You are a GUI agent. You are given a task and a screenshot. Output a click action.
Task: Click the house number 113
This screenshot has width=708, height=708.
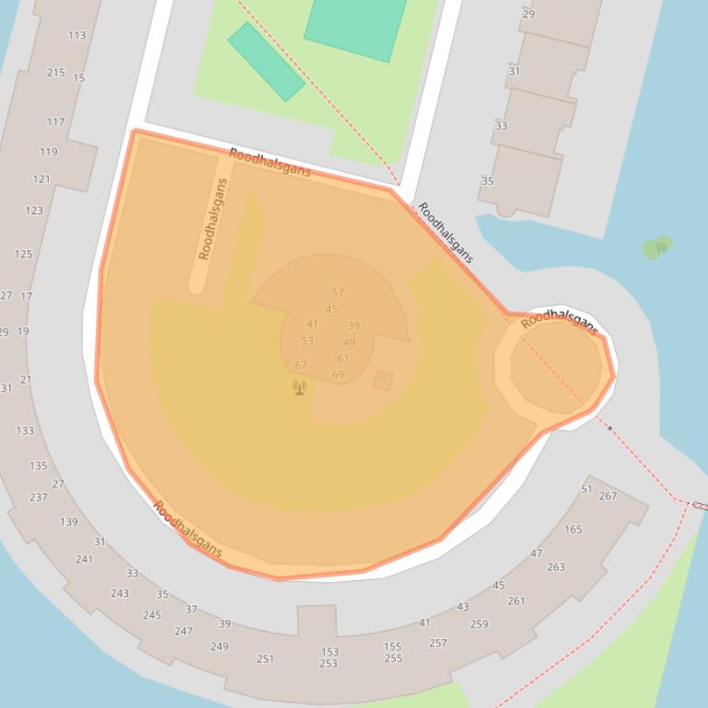(x=76, y=36)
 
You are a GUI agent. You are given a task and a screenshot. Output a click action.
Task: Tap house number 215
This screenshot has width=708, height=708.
(x=55, y=73)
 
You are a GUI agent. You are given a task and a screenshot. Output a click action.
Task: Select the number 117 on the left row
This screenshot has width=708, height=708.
(x=55, y=121)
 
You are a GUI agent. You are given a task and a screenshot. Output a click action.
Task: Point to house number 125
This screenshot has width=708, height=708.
(x=23, y=254)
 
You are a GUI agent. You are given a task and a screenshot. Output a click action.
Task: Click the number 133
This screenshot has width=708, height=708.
(x=25, y=430)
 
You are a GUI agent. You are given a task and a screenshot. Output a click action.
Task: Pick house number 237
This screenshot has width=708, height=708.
(x=38, y=497)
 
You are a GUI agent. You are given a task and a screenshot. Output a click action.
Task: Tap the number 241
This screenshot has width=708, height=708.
(x=84, y=559)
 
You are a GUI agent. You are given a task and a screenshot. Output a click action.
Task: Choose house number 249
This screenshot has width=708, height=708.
(x=219, y=646)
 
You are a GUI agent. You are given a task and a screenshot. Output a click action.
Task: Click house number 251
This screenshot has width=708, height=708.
(x=265, y=658)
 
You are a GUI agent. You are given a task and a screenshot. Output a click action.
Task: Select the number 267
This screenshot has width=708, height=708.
(x=608, y=497)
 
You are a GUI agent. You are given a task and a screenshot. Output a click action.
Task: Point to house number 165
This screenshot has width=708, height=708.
(x=573, y=530)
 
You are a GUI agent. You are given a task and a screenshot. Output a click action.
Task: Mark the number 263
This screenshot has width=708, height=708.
(x=556, y=567)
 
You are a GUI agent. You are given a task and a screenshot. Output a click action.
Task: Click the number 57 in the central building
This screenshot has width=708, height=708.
(x=338, y=293)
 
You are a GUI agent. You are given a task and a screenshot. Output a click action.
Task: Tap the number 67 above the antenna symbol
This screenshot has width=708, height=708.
(x=300, y=365)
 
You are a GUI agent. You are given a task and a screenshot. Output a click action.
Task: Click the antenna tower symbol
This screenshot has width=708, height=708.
(x=299, y=387)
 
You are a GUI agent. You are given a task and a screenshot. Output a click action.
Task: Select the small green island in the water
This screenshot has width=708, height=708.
(x=657, y=246)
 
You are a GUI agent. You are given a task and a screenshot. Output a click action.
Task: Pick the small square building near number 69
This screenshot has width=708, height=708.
(x=383, y=380)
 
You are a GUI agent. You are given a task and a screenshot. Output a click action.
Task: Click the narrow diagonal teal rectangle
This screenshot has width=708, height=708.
(x=266, y=62)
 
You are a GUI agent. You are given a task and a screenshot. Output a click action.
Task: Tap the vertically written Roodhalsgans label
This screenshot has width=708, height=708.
(x=212, y=219)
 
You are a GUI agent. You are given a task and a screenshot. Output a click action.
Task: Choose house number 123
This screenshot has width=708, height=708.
(x=34, y=211)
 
